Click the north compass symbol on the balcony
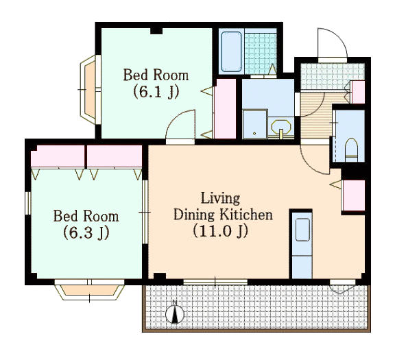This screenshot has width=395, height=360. click(175, 313)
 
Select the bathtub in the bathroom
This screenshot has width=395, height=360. click(231, 51)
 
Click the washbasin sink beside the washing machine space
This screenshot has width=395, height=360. click(281, 128)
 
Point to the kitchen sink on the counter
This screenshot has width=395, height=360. click(302, 230)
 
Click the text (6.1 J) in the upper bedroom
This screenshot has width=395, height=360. click(156, 92)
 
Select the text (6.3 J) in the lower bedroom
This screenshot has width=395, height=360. click(86, 232)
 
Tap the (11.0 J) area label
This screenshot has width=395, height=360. click(221, 231)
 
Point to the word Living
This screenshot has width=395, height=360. click(220, 198)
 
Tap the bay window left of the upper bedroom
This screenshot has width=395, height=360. click(88, 89)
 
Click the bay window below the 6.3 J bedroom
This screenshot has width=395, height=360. click(90, 291)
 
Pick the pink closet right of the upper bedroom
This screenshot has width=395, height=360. click(225, 108)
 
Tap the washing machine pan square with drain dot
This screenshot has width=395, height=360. click(254, 124)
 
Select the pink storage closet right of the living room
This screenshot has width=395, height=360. click(353, 195)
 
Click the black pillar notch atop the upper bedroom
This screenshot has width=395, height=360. click(156, 31)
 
